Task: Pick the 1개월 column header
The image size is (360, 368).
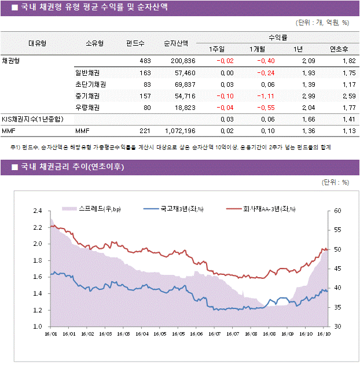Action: click(258, 49)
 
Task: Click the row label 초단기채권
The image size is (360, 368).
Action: click(90, 84)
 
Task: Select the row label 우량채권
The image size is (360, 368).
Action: click(87, 108)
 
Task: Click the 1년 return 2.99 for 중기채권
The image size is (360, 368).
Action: click(308, 96)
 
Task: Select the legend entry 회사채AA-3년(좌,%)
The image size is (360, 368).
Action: click(269, 209)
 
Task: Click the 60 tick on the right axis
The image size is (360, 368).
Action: click(338, 211)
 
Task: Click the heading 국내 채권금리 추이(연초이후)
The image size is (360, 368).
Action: click(72, 168)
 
